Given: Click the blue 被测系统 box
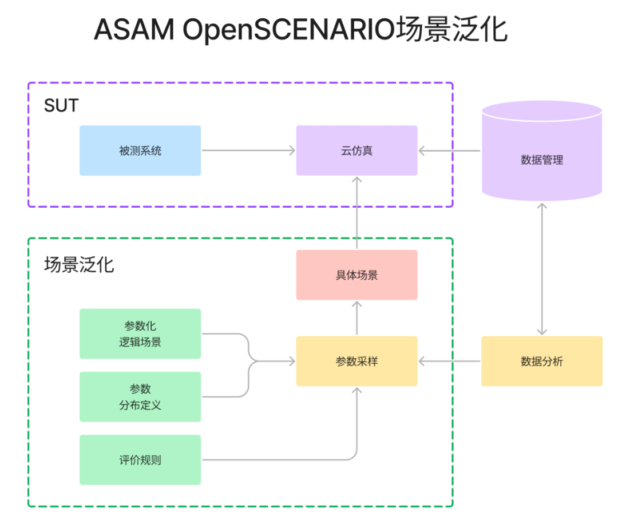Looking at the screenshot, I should [x=140, y=150].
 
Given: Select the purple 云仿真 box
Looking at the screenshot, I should [x=356, y=150].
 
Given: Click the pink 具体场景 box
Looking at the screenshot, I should [x=356, y=275].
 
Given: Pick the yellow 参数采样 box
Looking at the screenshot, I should [x=356, y=361].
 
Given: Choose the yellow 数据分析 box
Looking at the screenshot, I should [x=542, y=361].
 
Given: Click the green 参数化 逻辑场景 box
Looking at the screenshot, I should [x=140, y=334].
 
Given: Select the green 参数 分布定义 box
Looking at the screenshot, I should [x=140, y=396].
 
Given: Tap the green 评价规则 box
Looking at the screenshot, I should [x=140, y=459].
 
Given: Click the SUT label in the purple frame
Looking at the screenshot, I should [x=61, y=106].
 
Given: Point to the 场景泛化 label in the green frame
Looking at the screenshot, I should [x=79, y=264].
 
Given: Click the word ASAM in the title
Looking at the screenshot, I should [x=134, y=30].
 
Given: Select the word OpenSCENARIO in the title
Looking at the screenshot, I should [x=290, y=30].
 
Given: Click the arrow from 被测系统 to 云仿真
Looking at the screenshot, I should [x=248, y=150].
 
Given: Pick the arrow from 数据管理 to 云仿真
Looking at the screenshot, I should [x=449, y=150].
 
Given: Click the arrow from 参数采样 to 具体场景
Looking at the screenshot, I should [x=356, y=318].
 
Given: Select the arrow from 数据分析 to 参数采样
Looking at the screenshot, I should [x=449, y=361].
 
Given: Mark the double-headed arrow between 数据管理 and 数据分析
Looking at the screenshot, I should [x=542, y=268].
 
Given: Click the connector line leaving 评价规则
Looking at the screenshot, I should [x=275, y=459].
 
